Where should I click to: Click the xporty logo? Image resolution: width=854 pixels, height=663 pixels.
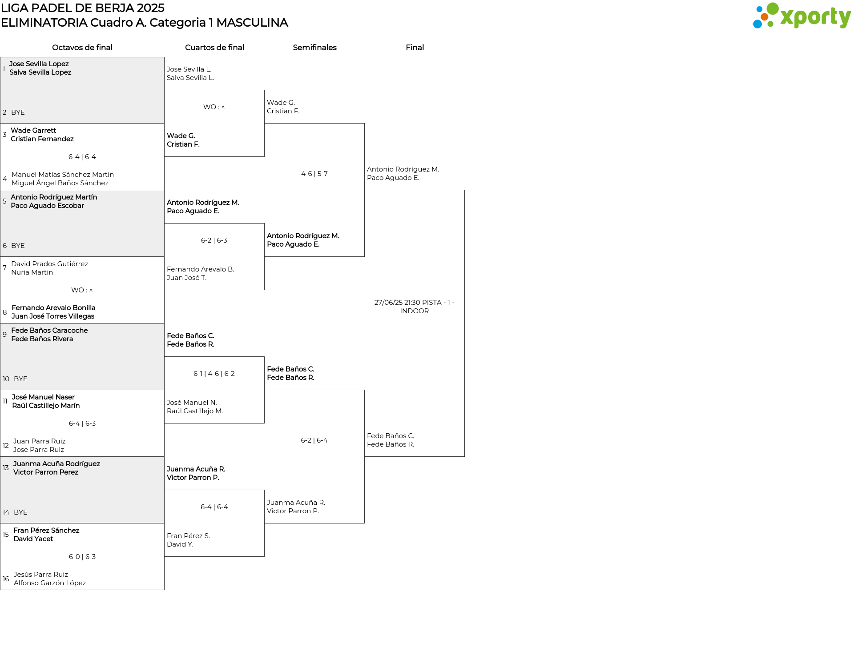pos(802,16)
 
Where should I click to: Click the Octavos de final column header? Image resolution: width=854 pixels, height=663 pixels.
pos(82,48)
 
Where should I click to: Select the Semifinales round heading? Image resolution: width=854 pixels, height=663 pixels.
pos(314,48)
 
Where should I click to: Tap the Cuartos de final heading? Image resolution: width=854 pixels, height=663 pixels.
pos(214,48)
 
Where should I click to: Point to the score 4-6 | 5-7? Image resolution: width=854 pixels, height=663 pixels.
pos(314,174)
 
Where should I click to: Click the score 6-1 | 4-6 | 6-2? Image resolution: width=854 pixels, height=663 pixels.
pos(214,374)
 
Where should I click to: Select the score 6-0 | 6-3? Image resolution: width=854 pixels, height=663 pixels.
pos(82,557)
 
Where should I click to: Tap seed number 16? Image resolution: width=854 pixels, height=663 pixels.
pos(6,579)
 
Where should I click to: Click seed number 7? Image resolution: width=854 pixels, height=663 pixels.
pos(4,268)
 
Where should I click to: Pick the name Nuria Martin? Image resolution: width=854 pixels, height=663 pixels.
pos(32,272)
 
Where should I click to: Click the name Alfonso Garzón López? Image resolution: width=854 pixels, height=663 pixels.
pos(50,583)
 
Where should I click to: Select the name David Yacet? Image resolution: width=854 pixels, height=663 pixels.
pos(33,539)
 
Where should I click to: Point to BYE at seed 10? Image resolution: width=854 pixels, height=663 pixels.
pos(20,379)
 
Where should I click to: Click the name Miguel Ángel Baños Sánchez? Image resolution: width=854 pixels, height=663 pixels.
pos(60,183)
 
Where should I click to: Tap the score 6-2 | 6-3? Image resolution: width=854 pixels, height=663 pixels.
pos(214,240)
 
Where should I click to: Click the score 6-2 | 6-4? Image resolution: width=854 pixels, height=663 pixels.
pos(314,440)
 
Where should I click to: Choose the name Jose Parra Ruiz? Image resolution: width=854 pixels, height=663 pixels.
pos(39,450)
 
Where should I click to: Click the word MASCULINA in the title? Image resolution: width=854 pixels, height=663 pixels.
pos(252,23)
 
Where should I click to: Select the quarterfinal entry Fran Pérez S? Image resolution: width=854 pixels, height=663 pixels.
pos(189,536)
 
